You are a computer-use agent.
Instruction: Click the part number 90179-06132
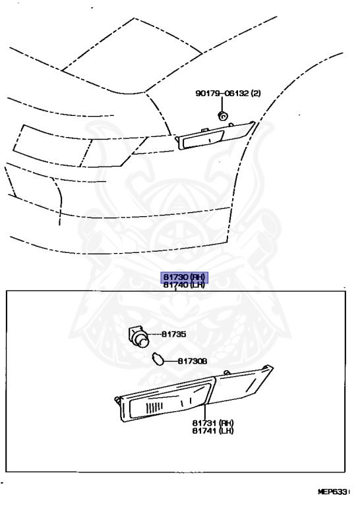click(x=222, y=94)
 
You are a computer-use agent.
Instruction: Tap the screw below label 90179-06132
click(x=222, y=115)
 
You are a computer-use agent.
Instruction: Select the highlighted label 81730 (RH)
click(x=185, y=277)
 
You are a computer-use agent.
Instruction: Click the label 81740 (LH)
click(x=185, y=285)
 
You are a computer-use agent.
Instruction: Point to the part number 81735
click(x=173, y=334)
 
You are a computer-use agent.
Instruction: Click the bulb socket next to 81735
click(x=139, y=337)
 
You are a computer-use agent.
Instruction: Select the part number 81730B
click(x=193, y=361)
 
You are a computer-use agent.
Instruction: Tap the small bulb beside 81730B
click(x=158, y=359)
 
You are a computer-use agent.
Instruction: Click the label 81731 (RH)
click(x=213, y=423)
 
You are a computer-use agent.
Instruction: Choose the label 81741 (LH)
click(x=213, y=430)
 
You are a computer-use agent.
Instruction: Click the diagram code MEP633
click(x=334, y=492)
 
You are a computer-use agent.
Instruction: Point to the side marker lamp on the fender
click(x=215, y=136)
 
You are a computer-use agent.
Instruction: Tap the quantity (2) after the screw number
click(x=256, y=94)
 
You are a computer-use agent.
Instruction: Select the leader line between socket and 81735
click(x=155, y=334)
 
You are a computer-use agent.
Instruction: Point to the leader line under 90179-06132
click(x=222, y=104)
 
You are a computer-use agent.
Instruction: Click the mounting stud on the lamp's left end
click(x=117, y=401)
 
